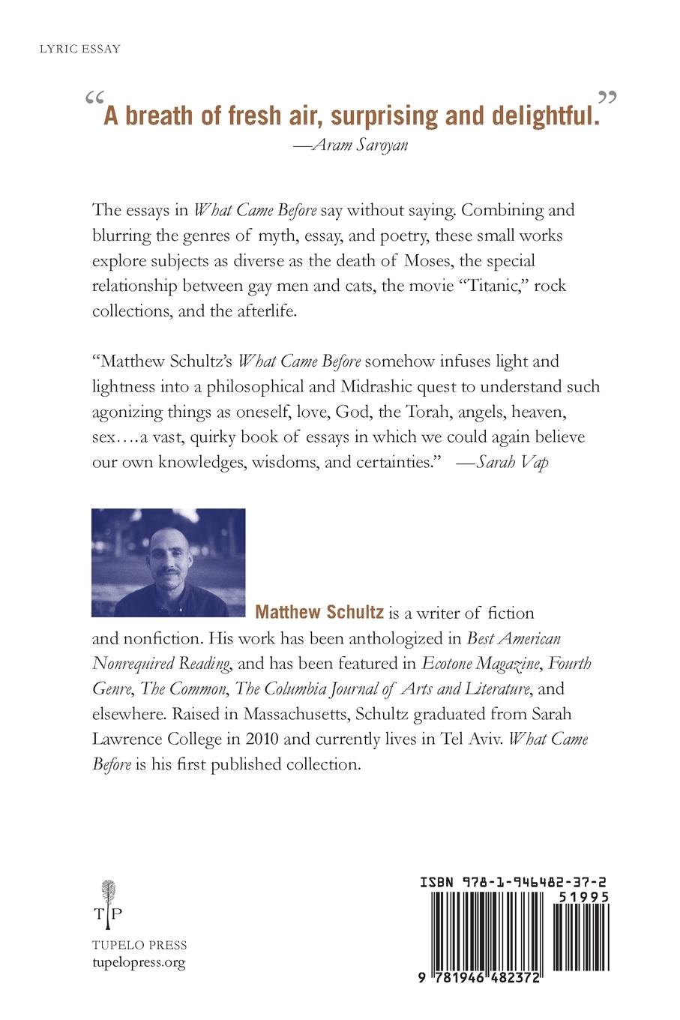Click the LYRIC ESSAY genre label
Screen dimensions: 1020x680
click(x=79, y=49)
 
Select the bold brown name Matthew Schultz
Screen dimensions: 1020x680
click(x=320, y=613)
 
